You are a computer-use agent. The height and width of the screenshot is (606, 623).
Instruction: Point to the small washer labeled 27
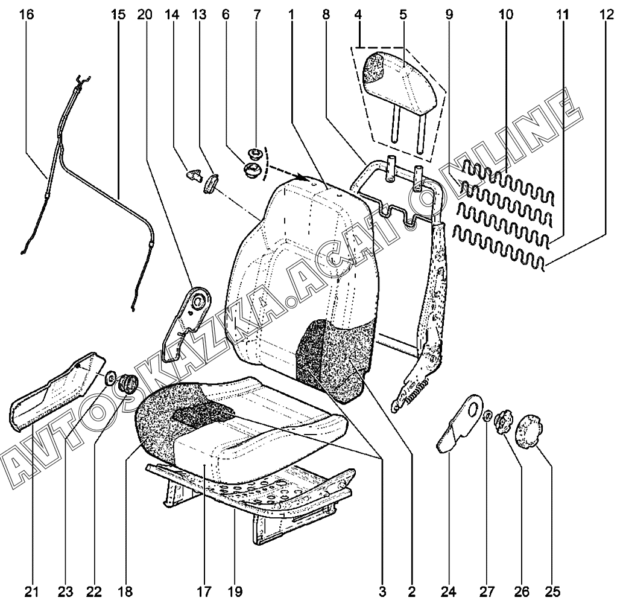point(487,415)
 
